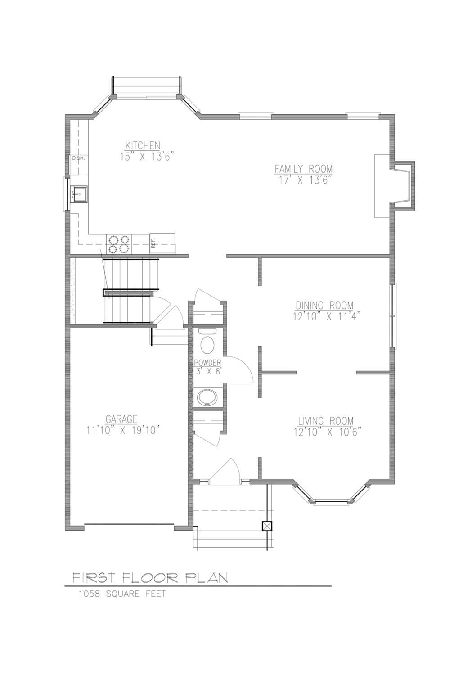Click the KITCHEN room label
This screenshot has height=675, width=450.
pyautogui.click(x=142, y=145)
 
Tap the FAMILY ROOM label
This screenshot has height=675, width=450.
pyautogui.click(x=304, y=169)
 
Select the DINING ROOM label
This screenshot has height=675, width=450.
pyautogui.click(x=324, y=305)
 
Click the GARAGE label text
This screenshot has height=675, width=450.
pyautogui.click(x=121, y=419)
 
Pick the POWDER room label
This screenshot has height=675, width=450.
pyautogui.click(x=207, y=363)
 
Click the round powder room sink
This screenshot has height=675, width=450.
pyautogui.click(x=207, y=397)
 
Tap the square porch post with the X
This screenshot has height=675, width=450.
pyautogui.click(x=267, y=526)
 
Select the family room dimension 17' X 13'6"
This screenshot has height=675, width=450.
pyautogui.click(x=305, y=180)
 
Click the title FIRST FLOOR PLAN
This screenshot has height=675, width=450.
pyautogui.click(x=150, y=578)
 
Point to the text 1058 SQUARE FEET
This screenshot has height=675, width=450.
pyautogui.click(x=122, y=594)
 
